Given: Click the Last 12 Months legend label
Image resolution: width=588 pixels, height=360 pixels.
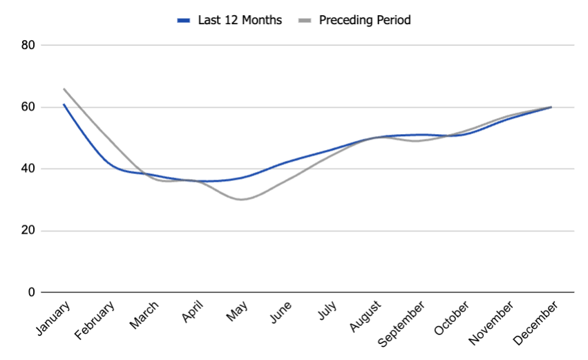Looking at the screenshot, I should click(x=240, y=20).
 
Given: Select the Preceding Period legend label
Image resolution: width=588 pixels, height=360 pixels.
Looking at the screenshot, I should click(x=365, y=20).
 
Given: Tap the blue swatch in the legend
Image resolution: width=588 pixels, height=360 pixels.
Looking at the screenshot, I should click(x=184, y=21).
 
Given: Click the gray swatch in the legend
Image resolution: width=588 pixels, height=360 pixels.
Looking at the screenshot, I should click(x=304, y=21).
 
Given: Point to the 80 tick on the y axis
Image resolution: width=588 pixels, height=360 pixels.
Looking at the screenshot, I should click(x=28, y=45).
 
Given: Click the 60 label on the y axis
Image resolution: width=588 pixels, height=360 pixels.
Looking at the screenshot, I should click(x=28, y=107).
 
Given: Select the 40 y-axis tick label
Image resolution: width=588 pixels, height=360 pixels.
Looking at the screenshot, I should click(x=28, y=169).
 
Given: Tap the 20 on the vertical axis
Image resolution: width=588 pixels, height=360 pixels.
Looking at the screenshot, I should click(x=28, y=231).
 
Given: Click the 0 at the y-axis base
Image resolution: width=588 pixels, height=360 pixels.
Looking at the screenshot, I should click(x=32, y=292).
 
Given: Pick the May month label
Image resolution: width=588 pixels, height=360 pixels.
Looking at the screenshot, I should click(x=237, y=313).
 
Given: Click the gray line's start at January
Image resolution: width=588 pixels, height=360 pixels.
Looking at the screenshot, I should click(x=64, y=88).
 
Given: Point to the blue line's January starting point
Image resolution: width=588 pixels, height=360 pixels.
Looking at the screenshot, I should click(x=64, y=104).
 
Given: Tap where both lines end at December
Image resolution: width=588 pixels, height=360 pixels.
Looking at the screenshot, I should click(x=551, y=107).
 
